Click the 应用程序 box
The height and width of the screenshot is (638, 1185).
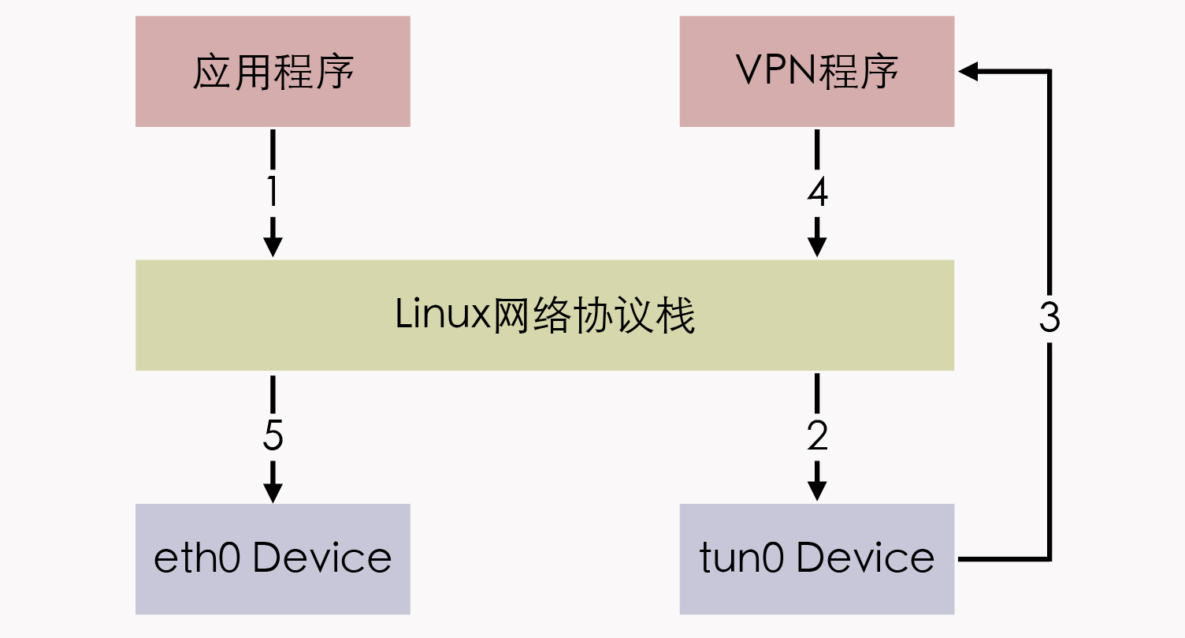click(x=273, y=72)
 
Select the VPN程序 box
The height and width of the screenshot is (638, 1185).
click(x=817, y=72)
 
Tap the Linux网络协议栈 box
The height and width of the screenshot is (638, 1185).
click(x=544, y=315)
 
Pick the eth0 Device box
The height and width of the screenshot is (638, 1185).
click(x=273, y=558)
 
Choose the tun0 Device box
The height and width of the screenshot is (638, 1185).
click(x=817, y=558)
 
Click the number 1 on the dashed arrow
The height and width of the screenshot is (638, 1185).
click(x=273, y=192)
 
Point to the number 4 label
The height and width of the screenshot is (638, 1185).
click(x=817, y=192)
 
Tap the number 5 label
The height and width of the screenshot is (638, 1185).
click(x=273, y=435)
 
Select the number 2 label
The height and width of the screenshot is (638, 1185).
click(x=817, y=435)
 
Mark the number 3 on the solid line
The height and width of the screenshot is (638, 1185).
click(x=1049, y=317)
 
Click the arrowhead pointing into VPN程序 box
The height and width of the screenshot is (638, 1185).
click(x=968, y=72)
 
